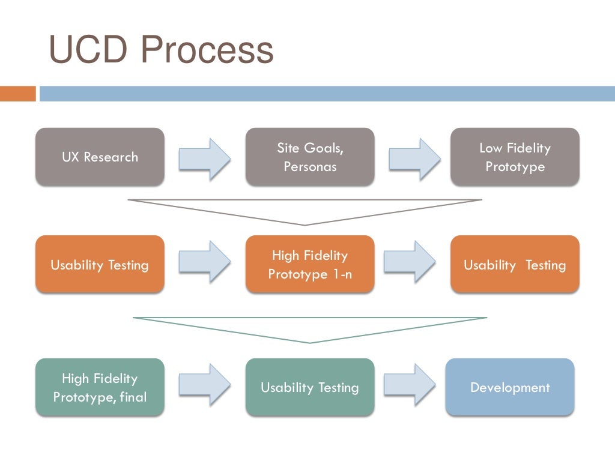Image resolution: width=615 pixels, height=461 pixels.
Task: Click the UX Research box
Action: click(100, 157)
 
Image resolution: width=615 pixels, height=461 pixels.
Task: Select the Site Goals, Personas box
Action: click(310, 157)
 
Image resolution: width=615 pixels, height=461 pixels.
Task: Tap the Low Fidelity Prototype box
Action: click(515, 157)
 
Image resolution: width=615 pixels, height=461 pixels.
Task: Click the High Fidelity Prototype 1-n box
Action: click(310, 265)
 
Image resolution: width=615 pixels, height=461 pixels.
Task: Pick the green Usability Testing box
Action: click(310, 387)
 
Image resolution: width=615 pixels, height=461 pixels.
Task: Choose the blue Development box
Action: click(510, 387)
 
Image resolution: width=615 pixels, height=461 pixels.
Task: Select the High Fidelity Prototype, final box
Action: click(100, 387)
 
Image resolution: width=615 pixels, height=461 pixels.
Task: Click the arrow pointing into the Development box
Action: click(410, 384)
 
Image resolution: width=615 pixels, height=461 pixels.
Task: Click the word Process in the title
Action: click(207, 50)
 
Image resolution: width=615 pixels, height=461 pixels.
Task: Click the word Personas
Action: click(310, 167)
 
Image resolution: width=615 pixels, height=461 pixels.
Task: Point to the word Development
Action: click(510, 388)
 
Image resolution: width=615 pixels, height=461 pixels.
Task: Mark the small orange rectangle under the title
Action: click(18, 94)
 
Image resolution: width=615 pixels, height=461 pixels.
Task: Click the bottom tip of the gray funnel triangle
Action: click(306, 224)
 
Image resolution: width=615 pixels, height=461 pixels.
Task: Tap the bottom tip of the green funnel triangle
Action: click(310, 342)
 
